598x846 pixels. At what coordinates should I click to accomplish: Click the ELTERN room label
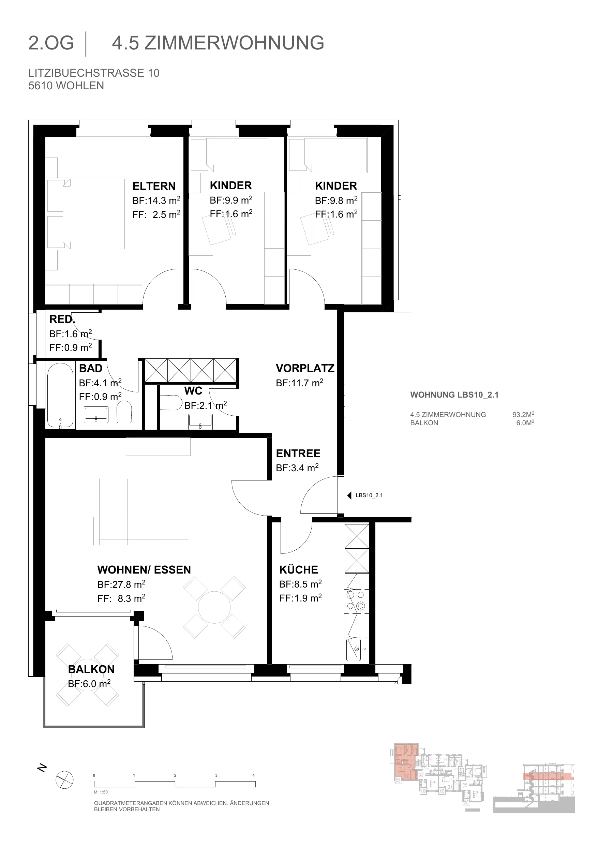click(x=154, y=186)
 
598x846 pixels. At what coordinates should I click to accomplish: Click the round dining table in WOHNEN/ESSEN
click(x=214, y=607)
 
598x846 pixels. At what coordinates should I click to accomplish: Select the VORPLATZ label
click(x=305, y=368)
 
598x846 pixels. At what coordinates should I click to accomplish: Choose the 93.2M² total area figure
click(x=523, y=415)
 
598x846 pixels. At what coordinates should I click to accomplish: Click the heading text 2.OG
click(x=51, y=43)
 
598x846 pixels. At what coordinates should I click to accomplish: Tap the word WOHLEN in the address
click(x=80, y=86)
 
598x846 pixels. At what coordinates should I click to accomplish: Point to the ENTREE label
click(x=298, y=453)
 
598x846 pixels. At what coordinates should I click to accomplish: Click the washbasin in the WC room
click(x=200, y=421)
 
